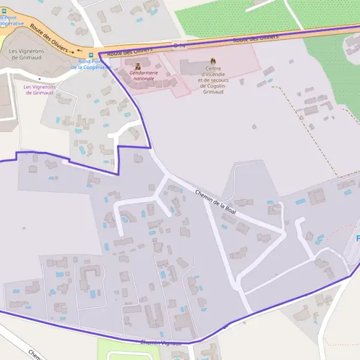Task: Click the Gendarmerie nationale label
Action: (144, 75)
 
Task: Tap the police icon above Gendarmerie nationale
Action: (137, 65)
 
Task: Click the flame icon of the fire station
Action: (211, 61)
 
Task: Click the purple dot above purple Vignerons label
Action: (40, 79)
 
